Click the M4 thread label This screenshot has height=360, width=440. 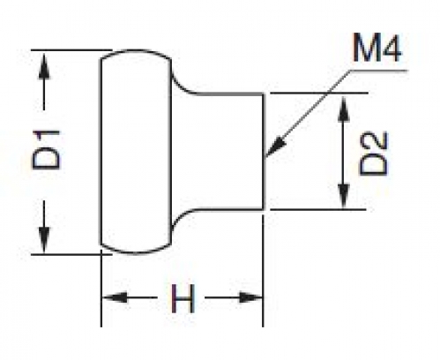[x=377, y=48]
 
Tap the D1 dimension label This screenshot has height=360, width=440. [x=46, y=150]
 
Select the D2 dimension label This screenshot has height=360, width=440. [x=374, y=154]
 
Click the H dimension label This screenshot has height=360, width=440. [x=183, y=298]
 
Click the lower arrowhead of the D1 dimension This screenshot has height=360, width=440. [x=44, y=239]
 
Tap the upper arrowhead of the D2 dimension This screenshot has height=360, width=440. [x=344, y=109]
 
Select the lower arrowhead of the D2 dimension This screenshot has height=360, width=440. [x=344, y=196]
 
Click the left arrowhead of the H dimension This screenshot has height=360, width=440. [x=115, y=297]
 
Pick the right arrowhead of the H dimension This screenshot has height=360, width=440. [x=250, y=297]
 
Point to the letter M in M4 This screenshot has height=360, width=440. [x=365, y=48]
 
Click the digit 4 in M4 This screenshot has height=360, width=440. [x=392, y=48]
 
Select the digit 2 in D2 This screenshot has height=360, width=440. [x=374, y=141]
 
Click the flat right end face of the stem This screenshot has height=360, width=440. [x=264, y=152]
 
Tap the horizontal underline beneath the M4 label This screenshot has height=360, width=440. [x=378, y=71]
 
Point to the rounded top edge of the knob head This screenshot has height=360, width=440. [x=136, y=51]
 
